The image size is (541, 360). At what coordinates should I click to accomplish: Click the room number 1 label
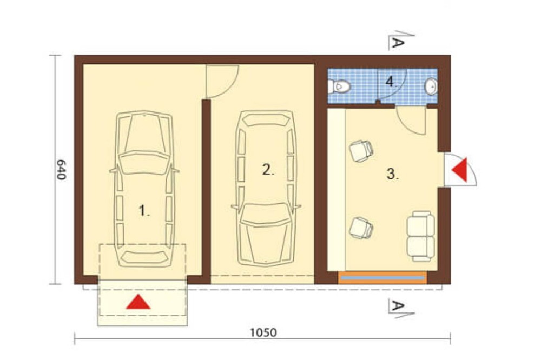pyautogui.click(x=144, y=210)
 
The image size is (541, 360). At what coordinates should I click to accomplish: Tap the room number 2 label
pyautogui.click(x=268, y=170)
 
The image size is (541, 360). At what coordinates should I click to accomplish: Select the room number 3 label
pyautogui.click(x=392, y=174)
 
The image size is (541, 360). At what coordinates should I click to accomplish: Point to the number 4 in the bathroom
pyautogui.click(x=391, y=82)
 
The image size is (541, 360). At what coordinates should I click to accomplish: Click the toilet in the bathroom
pyautogui.click(x=339, y=86)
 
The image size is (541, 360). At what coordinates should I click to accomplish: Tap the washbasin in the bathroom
pyautogui.click(x=431, y=86)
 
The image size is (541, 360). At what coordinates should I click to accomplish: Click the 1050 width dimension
pyautogui.click(x=263, y=332)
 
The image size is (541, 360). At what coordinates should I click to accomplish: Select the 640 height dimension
pyautogui.click(x=61, y=169)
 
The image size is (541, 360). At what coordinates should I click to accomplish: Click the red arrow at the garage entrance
pyautogui.click(x=138, y=302)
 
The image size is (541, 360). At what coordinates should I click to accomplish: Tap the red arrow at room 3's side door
pyautogui.click(x=461, y=170)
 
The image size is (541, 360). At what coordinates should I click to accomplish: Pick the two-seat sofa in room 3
pyautogui.click(x=420, y=236)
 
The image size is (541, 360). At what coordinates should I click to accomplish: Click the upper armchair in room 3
pyautogui.click(x=361, y=151)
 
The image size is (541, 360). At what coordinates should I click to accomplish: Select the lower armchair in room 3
pyautogui.click(x=361, y=228)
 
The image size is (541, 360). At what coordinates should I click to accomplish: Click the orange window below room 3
pyautogui.click(x=382, y=278)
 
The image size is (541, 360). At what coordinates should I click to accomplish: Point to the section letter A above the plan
pyautogui.click(x=398, y=43)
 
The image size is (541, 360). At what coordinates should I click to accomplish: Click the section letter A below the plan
pyautogui.click(x=398, y=305)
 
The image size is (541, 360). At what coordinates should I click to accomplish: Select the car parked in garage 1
pyautogui.click(x=144, y=189)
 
